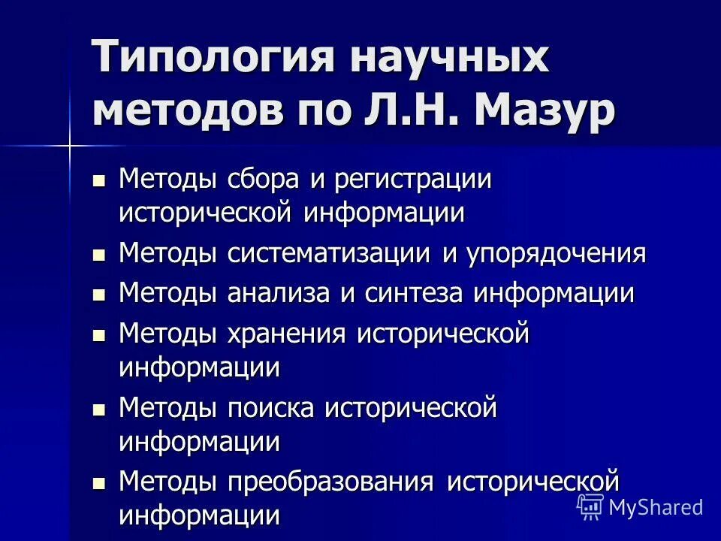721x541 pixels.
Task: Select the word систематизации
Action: [x=330, y=253]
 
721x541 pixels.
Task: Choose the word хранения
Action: [x=287, y=333]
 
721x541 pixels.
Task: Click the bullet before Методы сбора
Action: [x=98, y=181]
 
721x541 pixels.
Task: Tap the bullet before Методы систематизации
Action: [x=98, y=255]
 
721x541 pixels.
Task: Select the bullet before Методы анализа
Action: [x=98, y=295]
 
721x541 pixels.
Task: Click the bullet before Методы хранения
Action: [x=98, y=334]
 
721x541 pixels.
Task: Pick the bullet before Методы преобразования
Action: [x=98, y=482]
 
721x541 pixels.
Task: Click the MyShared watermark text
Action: [x=655, y=507]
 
